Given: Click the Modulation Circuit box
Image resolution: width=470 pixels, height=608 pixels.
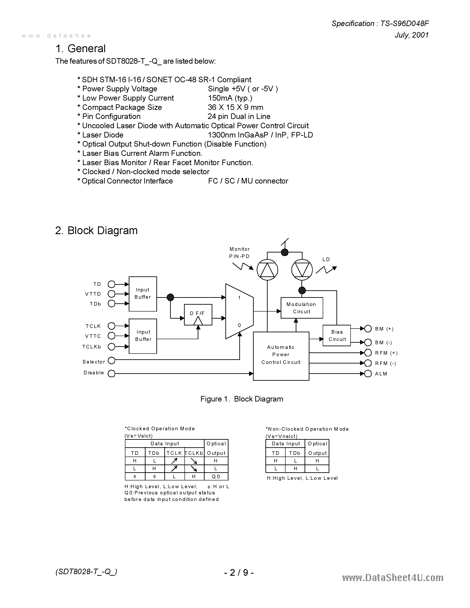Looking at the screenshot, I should point(301,308).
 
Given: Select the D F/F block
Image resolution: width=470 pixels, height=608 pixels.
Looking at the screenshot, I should point(198,315).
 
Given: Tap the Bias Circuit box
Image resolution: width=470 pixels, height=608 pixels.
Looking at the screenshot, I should point(337,335).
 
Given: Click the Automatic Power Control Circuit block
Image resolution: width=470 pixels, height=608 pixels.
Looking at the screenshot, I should point(281,356).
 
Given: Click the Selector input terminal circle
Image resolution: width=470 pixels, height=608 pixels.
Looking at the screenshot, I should point(111,361).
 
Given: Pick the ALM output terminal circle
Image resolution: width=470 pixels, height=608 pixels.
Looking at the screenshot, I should point(368,374).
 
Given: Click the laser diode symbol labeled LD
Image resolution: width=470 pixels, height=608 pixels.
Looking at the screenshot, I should point(302,270).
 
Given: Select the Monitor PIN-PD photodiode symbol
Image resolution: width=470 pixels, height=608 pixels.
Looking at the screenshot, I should point(267,270).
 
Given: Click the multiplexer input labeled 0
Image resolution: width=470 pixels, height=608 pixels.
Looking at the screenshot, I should point(239,325).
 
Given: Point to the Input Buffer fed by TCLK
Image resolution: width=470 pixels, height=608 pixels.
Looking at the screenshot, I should point(143,336).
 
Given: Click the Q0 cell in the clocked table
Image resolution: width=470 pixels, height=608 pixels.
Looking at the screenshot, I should point(216,476).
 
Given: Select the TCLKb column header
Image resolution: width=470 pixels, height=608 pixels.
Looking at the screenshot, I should point(194,453).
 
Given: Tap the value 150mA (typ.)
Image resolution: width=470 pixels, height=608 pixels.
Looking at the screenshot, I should point(230,98).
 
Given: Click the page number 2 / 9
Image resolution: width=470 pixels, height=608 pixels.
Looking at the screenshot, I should point(239,572).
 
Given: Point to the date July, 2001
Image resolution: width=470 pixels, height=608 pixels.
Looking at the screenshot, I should point(412,35).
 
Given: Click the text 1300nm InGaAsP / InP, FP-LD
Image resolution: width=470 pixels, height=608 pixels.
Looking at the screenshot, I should point(260,135).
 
